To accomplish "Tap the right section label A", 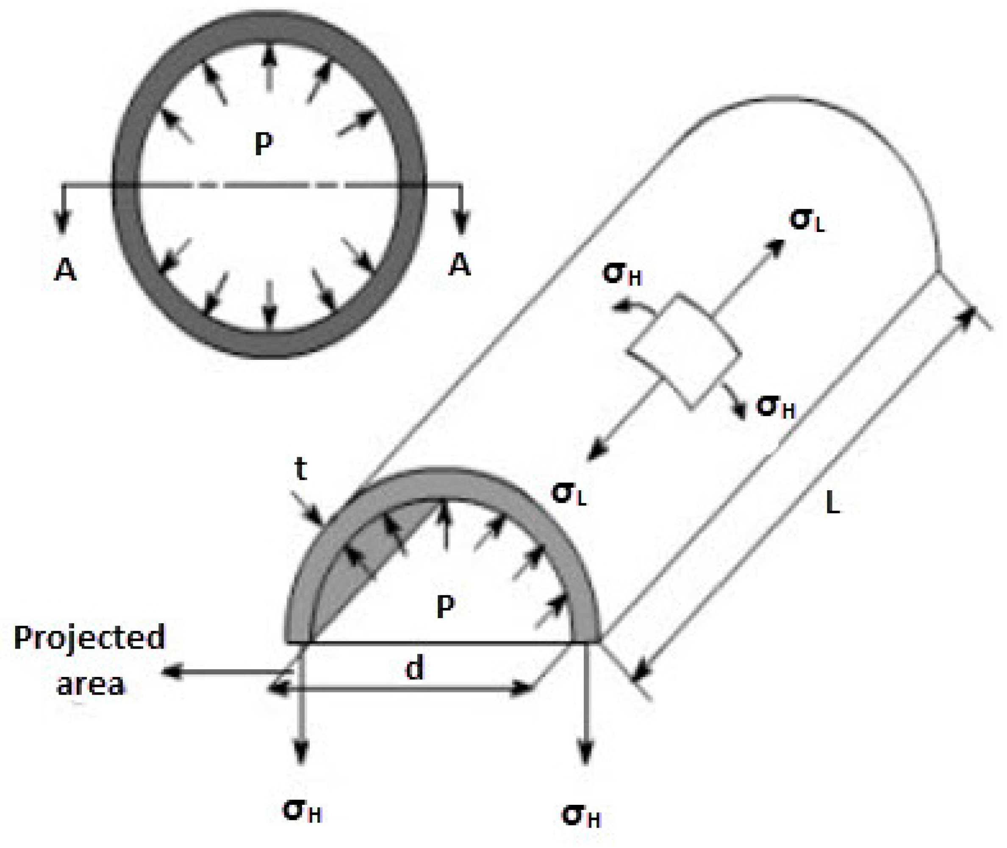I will click(460, 265).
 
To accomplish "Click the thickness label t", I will click(301, 469).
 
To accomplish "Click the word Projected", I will click(89, 638).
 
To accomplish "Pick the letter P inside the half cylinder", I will click(445, 608).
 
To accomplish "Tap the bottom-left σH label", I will click(302, 812).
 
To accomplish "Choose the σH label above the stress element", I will click(622, 275).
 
